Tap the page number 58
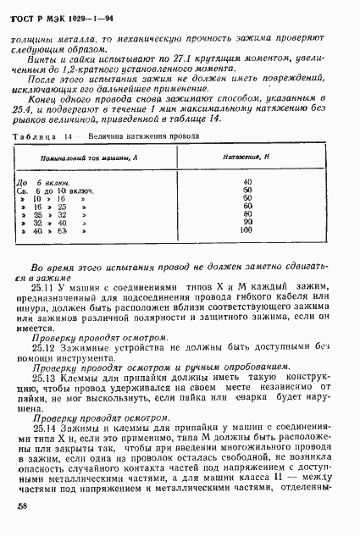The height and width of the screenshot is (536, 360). point(24,506)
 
